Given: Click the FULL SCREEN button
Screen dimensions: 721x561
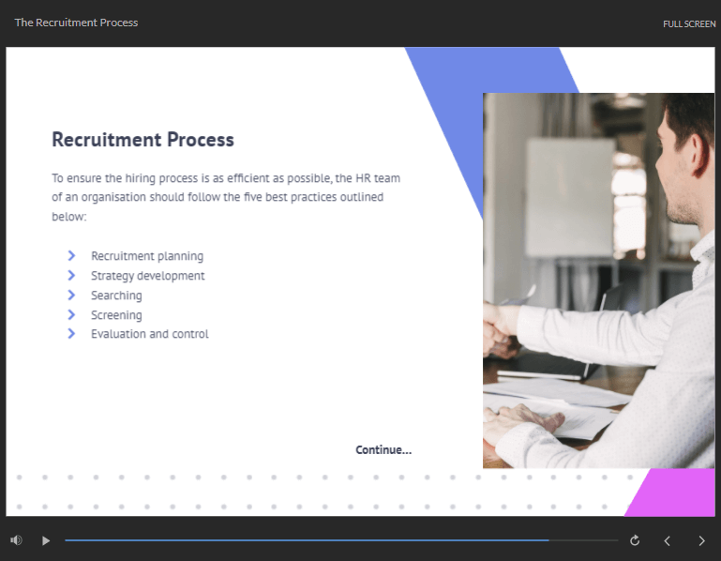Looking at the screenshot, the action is coord(689,24).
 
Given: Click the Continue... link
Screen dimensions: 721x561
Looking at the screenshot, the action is coord(383,449).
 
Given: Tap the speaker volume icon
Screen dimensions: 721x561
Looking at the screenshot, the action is coord(16,539).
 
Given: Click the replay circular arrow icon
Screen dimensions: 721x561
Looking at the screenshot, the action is coord(635,540).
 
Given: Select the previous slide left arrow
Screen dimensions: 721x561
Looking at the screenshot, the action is coord(668,540).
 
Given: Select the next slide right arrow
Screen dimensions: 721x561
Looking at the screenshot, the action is coord(701,540).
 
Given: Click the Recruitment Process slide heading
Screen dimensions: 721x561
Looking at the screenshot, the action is coord(143,140).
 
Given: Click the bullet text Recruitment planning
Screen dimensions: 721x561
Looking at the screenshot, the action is coord(147,256).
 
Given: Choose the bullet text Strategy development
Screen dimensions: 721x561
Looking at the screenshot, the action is coord(147,276).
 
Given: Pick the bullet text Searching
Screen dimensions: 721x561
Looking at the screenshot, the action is coord(116,296).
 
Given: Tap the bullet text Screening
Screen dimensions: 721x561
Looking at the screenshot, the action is coord(116,315).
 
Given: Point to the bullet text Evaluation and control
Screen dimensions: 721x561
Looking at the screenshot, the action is coord(149,334).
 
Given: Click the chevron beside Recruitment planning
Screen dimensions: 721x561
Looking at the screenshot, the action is coord(71,255).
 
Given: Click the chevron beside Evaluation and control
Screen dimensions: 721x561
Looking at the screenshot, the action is coord(71,334).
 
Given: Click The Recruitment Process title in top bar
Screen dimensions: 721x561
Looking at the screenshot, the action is coord(76,23).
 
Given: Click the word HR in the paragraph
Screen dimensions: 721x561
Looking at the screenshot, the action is coord(363,178).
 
